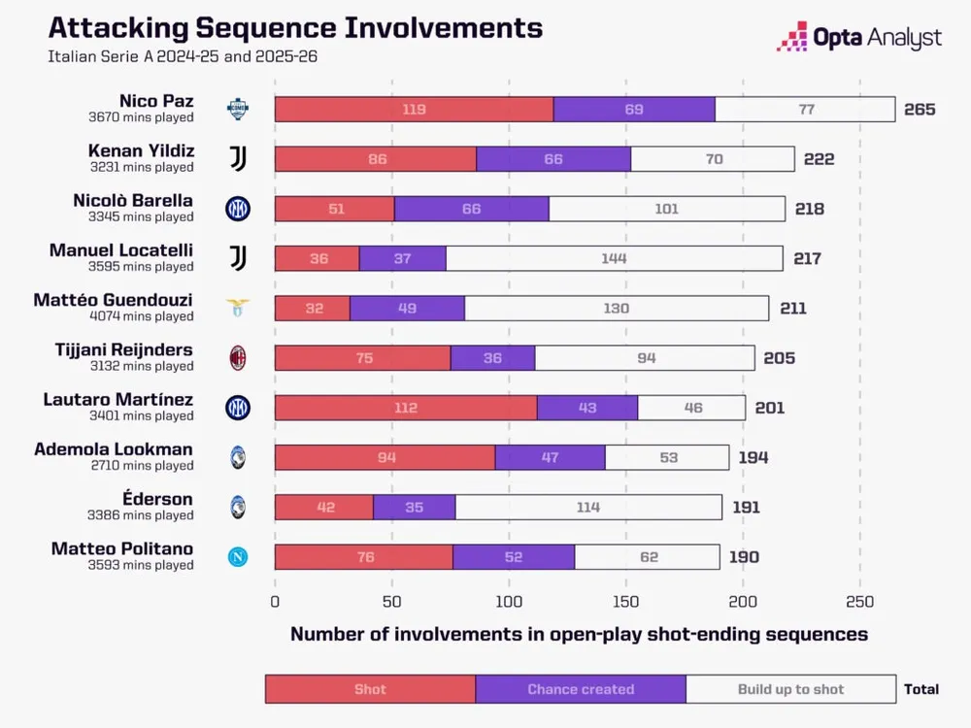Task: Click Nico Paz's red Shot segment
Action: (414, 109)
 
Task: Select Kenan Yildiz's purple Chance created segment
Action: (553, 159)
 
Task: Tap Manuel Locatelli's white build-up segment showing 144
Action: (614, 258)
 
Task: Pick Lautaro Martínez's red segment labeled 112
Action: (406, 408)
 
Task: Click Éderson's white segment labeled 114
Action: (587, 507)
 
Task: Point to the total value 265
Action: (919, 109)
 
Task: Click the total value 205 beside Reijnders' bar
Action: (779, 358)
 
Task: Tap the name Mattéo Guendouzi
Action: (114, 300)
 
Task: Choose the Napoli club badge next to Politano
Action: (237, 556)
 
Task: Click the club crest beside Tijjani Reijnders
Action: (237, 358)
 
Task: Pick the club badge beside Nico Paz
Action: (237, 109)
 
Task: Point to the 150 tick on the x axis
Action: (626, 601)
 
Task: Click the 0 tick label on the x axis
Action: (275, 601)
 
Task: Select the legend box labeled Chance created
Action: (581, 689)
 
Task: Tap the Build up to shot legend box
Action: (790, 689)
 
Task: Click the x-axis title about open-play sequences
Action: (579, 635)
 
